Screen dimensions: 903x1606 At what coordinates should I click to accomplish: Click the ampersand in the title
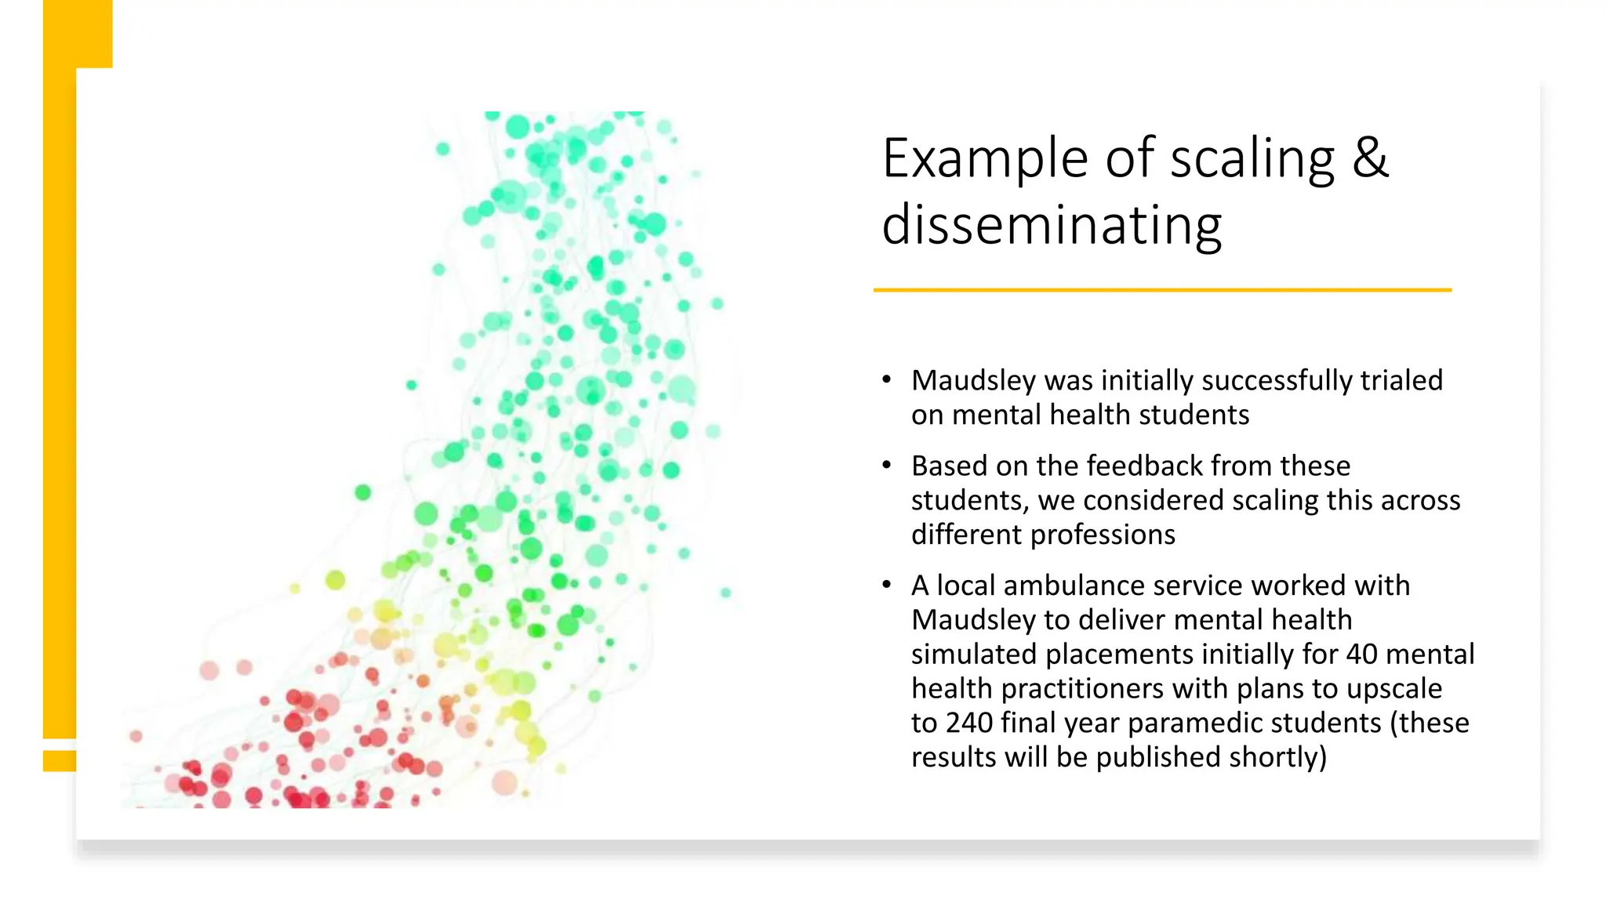tap(1370, 158)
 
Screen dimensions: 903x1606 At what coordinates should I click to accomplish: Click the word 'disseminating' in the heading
tap(1052, 226)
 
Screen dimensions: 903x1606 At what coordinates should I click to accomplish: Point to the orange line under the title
tap(1162, 290)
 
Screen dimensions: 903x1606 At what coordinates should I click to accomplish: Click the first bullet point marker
tap(886, 380)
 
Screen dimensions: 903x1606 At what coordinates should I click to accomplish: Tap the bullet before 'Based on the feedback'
tap(886, 466)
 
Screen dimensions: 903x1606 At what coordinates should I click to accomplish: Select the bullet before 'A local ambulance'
tap(886, 585)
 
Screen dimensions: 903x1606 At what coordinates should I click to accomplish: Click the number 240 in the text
tap(970, 723)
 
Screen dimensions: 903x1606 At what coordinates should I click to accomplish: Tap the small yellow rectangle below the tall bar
tap(59, 760)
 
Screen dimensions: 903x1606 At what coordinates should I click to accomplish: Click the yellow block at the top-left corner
tap(78, 34)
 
